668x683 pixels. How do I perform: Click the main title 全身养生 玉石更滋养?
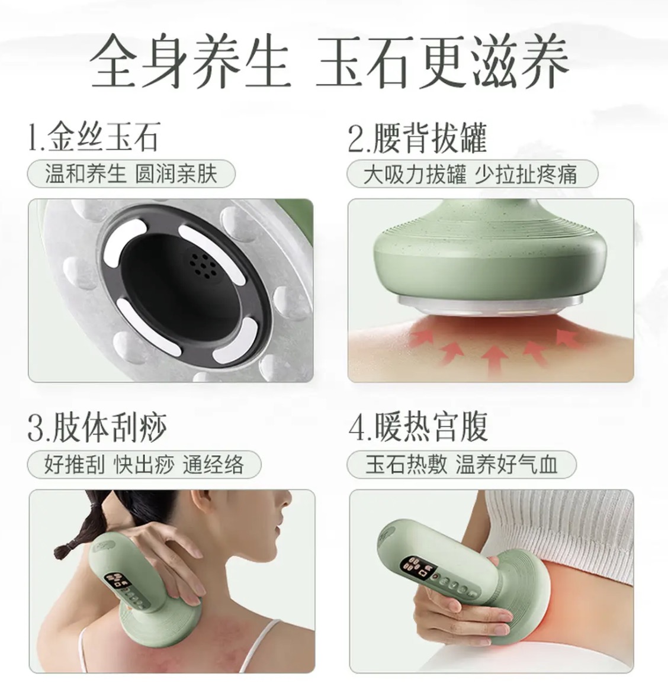coord(330,60)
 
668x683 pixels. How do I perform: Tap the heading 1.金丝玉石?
coord(94,137)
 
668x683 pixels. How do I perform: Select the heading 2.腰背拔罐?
coord(417,138)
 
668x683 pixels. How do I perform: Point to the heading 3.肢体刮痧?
coord(97,427)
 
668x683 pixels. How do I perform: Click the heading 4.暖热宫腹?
coord(418,427)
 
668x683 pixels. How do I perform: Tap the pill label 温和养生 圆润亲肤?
coord(131,174)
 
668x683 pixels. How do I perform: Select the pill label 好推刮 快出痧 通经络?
coord(144,465)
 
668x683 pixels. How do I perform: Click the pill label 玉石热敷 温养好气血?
coord(461,465)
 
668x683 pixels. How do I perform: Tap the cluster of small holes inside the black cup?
coord(204,266)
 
